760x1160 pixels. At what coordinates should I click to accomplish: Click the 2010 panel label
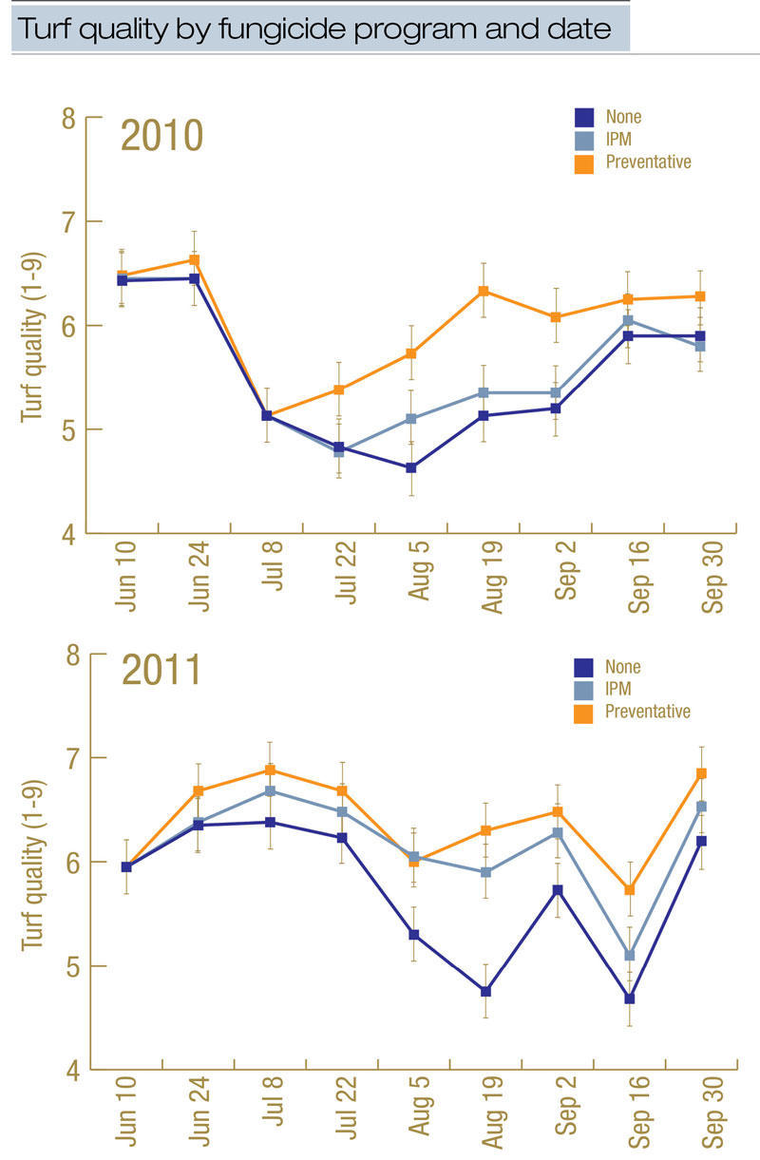161,136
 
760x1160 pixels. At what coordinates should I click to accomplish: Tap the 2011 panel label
161,671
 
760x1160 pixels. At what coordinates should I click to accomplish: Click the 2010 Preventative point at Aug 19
484,291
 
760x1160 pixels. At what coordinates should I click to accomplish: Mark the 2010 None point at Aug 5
410,467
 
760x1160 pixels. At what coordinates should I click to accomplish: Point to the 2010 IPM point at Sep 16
628,320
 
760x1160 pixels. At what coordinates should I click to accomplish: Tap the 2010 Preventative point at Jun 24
194,259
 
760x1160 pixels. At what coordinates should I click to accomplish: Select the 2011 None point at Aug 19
485,991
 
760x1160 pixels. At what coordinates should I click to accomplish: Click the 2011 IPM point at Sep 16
629,955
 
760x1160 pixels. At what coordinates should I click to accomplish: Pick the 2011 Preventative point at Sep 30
702,773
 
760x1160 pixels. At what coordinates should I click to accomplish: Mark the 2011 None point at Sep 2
558,890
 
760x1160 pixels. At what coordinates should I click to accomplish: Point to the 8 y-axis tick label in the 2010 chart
67,118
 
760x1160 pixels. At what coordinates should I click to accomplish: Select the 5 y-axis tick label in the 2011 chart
68,966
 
